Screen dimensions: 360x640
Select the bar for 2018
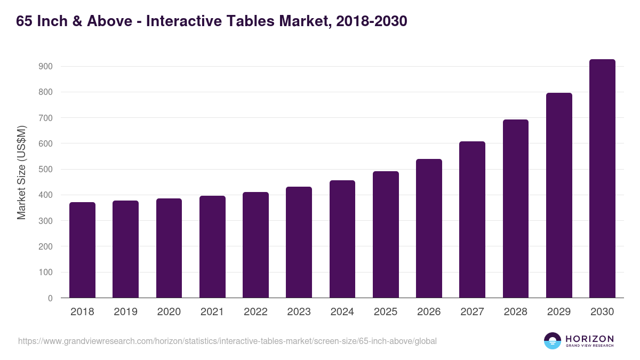[82, 250]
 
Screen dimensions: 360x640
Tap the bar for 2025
[386, 235]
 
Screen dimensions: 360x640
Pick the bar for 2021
[212, 247]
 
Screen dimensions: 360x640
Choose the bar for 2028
[516, 209]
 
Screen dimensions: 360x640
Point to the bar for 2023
[299, 242]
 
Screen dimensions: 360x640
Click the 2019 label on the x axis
[125, 312]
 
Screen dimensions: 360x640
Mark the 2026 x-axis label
[429, 312]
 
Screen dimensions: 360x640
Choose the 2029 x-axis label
[559, 312]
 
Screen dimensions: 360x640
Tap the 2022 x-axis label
[255, 312]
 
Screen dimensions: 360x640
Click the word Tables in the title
[255, 21]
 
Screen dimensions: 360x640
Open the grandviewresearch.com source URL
[227, 341]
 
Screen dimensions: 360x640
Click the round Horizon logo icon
[553, 341]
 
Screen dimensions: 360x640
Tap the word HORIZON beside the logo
[589, 339]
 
